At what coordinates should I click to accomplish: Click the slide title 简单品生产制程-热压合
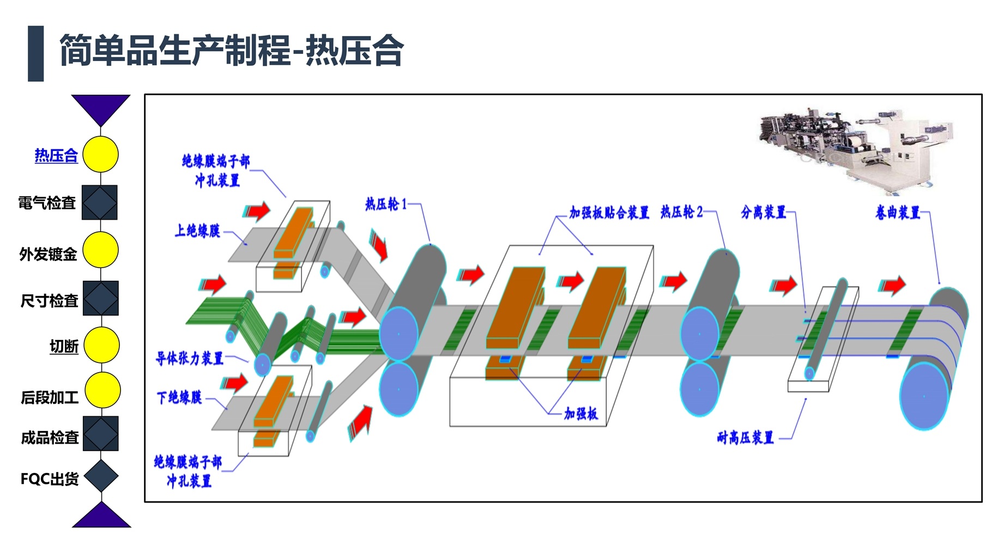(231, 50)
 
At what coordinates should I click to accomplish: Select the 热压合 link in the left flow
(56, 155)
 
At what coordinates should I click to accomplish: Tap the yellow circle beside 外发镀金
(100, 250)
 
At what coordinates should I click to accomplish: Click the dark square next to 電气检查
(100, 203)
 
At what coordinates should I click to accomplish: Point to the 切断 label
(64, 347)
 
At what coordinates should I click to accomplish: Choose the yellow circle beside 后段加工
(102, 390)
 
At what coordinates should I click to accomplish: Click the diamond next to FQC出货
(101, 476)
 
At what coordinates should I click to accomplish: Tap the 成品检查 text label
(50, 438)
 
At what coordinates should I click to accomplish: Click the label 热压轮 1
(386, 204)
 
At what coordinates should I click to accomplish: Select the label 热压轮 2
(681, 211)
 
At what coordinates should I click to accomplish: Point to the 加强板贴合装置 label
(609, 213)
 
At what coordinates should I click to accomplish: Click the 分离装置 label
(763, 212)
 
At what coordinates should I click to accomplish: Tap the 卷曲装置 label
(897, 213)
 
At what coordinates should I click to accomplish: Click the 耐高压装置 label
(745, 438)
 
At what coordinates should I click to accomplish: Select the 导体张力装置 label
(190, 358)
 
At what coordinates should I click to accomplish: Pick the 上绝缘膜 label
(197, 231)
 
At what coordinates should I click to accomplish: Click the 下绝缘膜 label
(179, 398)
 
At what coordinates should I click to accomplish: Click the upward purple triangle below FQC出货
(101, 516)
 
